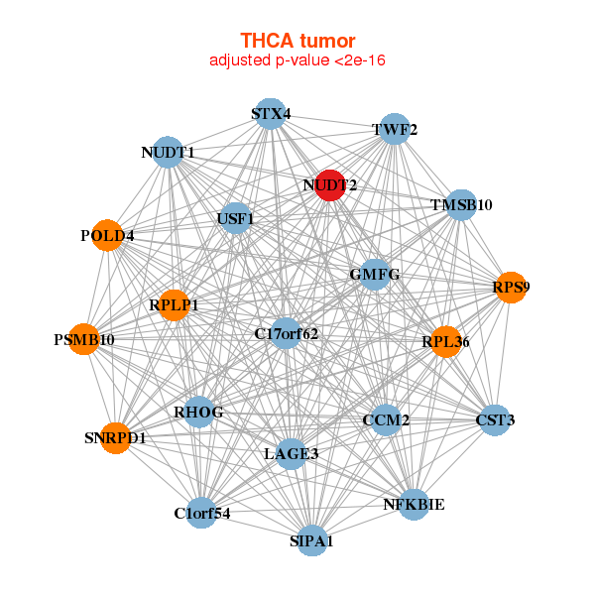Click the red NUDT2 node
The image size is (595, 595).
pos(330,185)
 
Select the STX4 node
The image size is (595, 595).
pos(270,114)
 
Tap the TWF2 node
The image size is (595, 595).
pos(395,130)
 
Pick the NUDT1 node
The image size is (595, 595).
pos(168,153)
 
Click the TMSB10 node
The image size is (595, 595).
pos(461,205)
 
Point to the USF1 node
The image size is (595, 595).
pos(235,218)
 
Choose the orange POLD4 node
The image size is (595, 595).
pos(107,236)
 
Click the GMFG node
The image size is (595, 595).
pos(374,274)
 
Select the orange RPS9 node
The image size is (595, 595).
pos(511,288)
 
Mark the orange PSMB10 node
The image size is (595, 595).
pos(84,340)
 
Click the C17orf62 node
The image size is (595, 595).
pos(286,333)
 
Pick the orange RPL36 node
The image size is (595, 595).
pos(445,342)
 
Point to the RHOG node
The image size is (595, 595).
pos(198,413)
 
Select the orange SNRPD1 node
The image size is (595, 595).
pos(114,437)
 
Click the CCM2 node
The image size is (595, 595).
pos(386,420)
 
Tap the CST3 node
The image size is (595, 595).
pos(495,420)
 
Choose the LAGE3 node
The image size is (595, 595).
pos(292,454)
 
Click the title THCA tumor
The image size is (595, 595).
pos(297,41)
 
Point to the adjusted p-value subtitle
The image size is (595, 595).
pos(297,60)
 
